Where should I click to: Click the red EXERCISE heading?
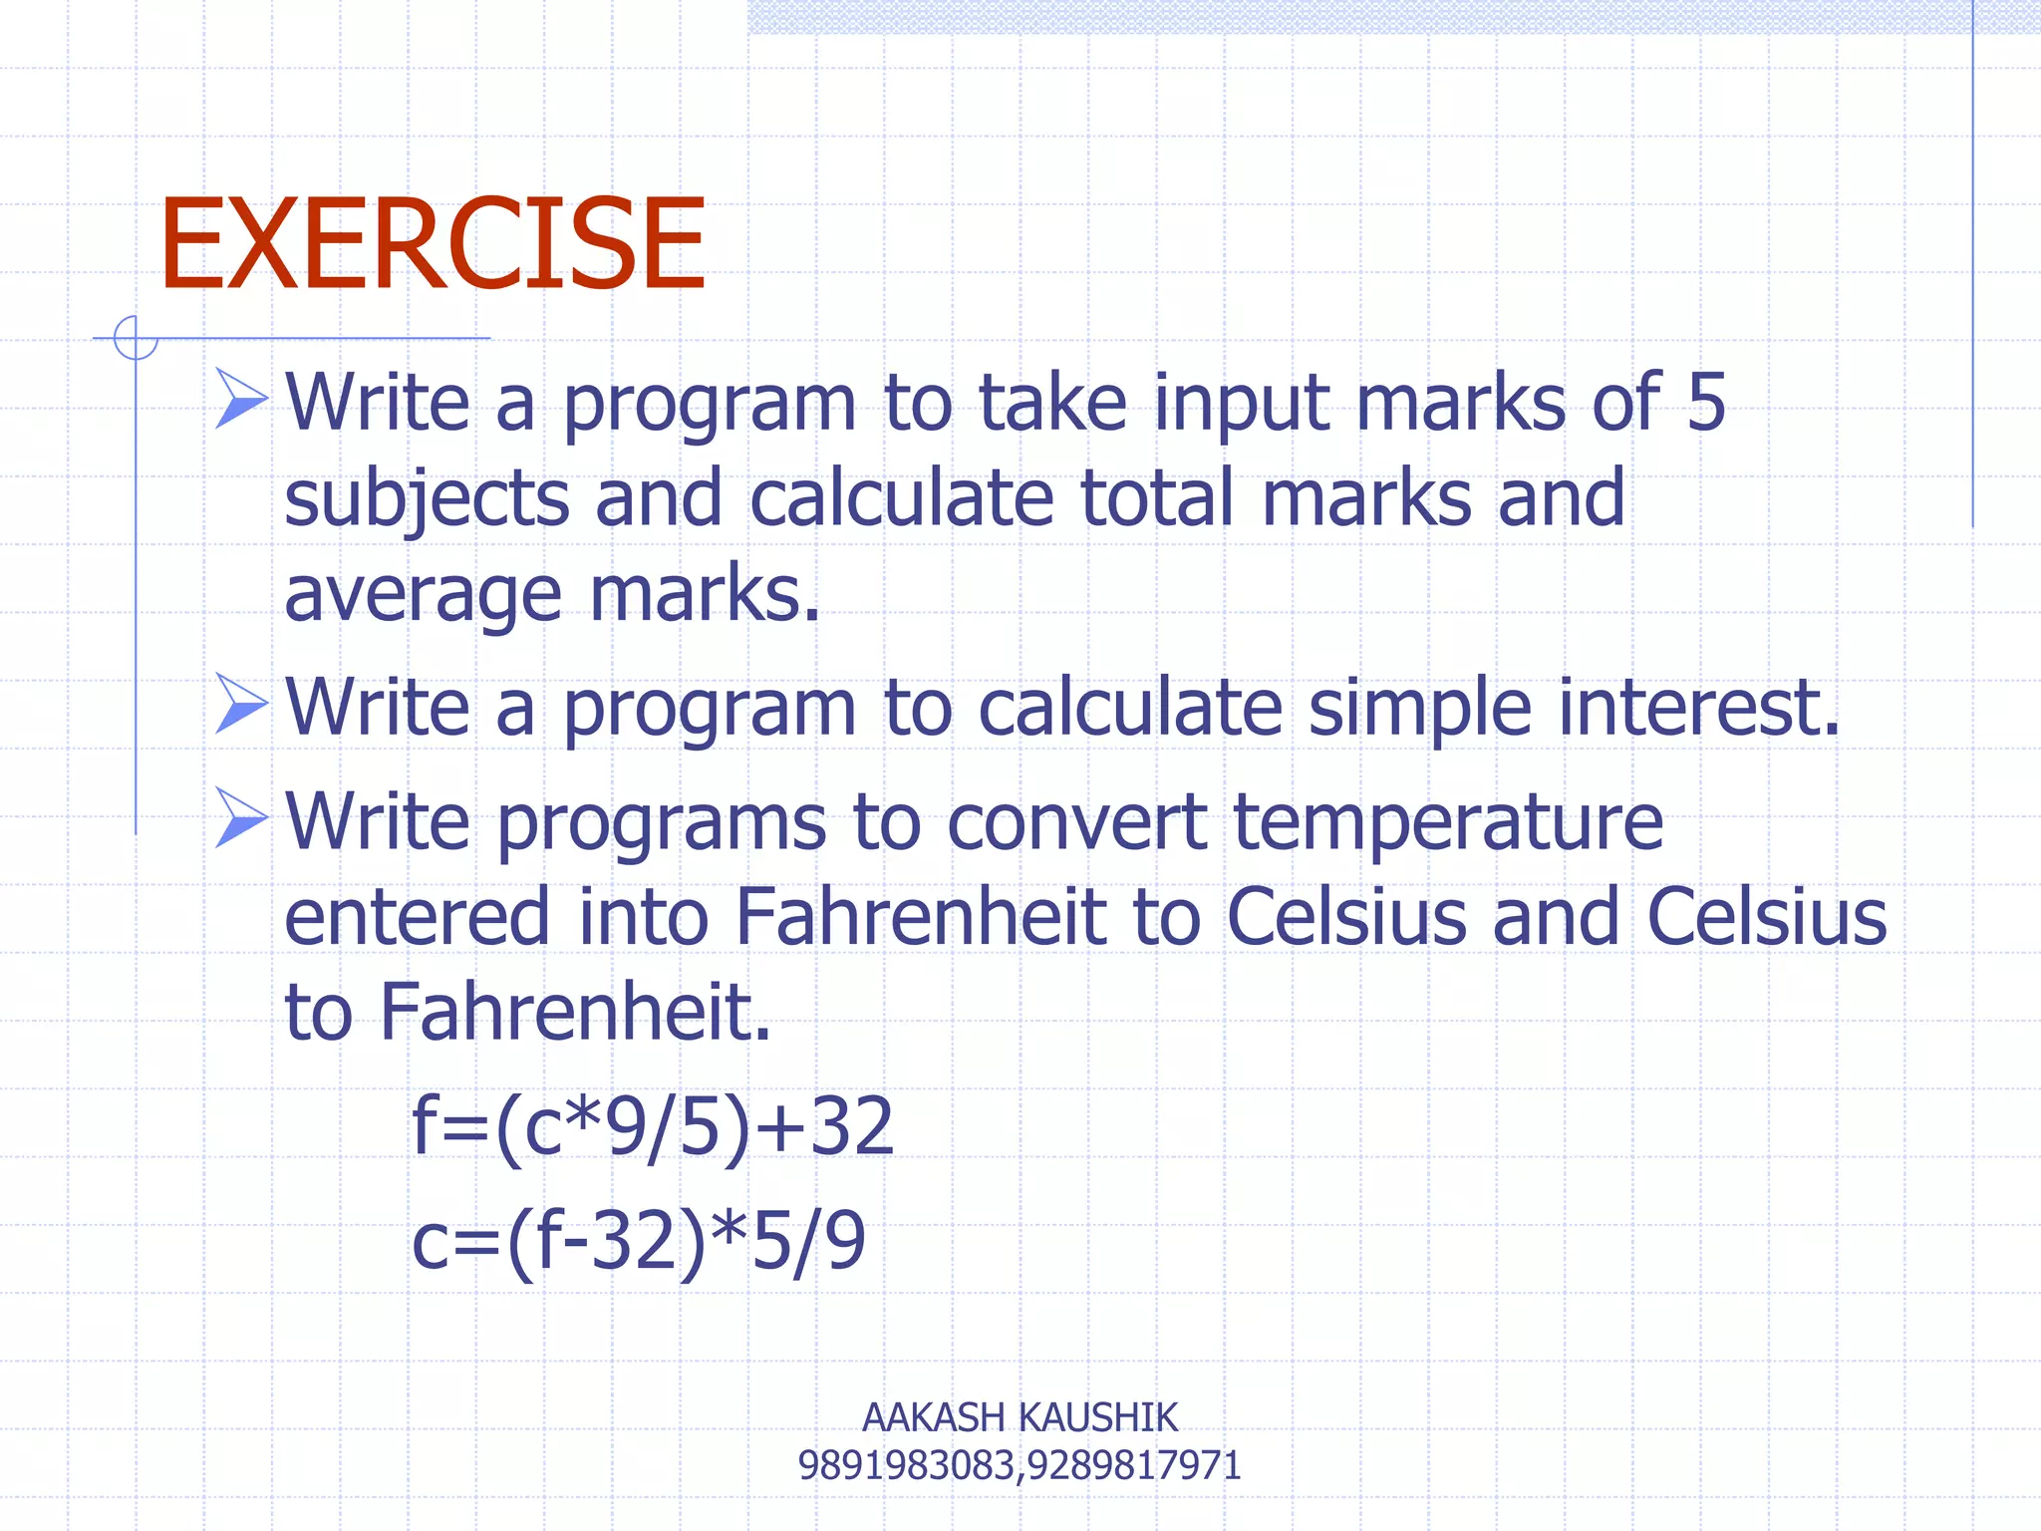pos(433,244)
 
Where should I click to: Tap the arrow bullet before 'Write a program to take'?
pos(241,399)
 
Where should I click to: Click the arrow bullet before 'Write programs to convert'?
pos(241,818)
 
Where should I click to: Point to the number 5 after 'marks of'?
pos(1705,402)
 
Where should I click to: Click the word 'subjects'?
pos(427,498)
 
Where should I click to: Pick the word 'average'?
pos(423,595)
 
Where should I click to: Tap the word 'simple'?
pos(1419,709)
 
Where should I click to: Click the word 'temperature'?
pos(1448,823)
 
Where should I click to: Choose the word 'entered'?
pos(417,917)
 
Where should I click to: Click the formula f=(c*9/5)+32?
pos(653,1127)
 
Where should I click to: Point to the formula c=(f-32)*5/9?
pos(639,1242)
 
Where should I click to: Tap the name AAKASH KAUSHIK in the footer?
pos(1020,1417)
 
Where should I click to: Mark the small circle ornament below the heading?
pos(136,338)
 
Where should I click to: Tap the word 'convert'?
pos(1076,823)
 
